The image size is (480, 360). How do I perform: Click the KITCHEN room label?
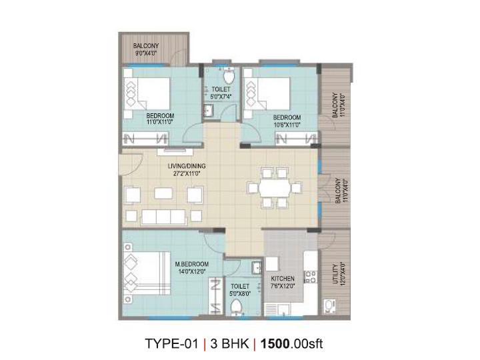point(283,279)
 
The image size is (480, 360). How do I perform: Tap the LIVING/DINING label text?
point(187,166)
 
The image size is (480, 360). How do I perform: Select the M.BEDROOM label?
point(191,264)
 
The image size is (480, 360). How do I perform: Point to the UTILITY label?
point(335,274)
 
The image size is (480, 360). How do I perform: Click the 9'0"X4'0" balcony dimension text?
point(146,53)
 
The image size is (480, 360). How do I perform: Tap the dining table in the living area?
point(275,187)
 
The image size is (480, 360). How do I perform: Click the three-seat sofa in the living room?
point(163,217)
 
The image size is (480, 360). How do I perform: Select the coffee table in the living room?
point(163,193)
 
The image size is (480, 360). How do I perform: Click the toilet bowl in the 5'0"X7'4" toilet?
point(229,76)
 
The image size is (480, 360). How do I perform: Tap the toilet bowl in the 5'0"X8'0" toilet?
point(236,307)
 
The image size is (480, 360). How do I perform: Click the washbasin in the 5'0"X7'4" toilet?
point(209,110)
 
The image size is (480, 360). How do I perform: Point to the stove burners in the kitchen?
point(311,277)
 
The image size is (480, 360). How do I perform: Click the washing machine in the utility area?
point(329,306)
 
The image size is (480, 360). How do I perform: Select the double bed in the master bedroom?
point(146,273)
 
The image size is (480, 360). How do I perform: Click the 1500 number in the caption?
point(275,343)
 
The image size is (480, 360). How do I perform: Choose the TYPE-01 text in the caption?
point(172,343)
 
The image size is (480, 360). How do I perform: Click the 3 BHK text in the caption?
point(229,343)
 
